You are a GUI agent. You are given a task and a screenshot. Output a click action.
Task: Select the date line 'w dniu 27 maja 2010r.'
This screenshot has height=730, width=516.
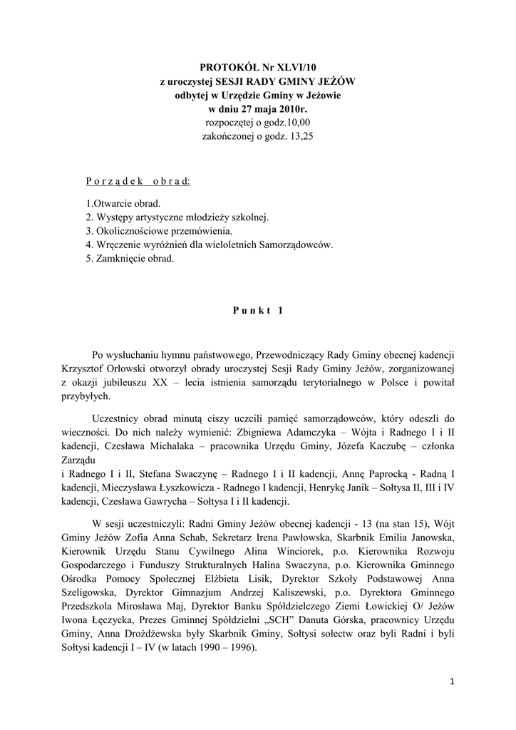tap(258, 109)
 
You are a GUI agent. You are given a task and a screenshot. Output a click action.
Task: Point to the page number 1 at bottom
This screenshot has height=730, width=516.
tap(452, 682)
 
